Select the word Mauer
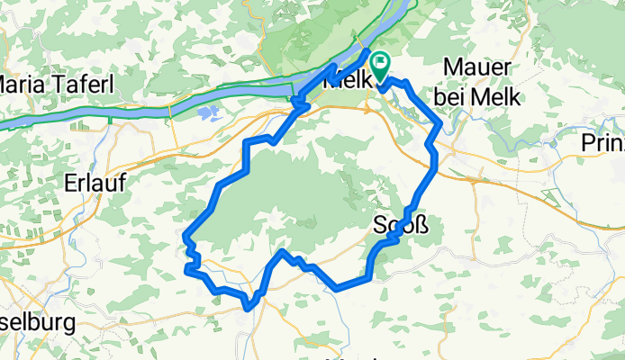click(478, 69)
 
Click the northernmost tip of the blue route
click(368, 49)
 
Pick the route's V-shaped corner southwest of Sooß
click(337, 289)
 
